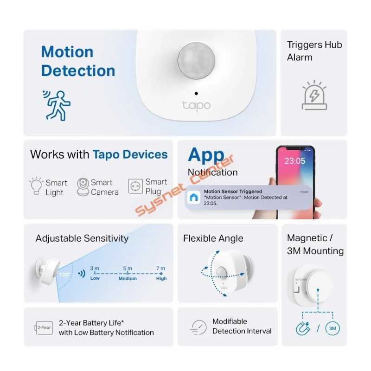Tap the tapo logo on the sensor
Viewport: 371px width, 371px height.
(196, 105)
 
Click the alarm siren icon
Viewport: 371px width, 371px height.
(314, 96)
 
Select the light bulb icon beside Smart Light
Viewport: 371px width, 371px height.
(36, 186)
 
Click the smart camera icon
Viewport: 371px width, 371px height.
(83, 186)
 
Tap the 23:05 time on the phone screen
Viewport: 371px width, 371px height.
(294, 161)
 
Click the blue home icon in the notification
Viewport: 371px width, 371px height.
(192, 198)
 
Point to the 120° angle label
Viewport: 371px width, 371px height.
(64, 275)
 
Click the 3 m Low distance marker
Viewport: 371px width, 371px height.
(95, 273)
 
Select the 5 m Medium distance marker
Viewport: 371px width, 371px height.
(128, 273)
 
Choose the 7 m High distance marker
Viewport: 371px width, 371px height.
(161, 273)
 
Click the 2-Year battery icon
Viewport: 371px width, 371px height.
(44, 327)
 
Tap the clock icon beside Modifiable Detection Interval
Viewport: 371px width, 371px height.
(198, 327)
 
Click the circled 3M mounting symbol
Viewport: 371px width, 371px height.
(332, 329)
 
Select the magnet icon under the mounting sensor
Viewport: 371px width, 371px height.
(303, 329)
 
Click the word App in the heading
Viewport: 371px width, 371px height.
(206, 155)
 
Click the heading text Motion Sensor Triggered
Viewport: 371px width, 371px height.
(233, 191)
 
